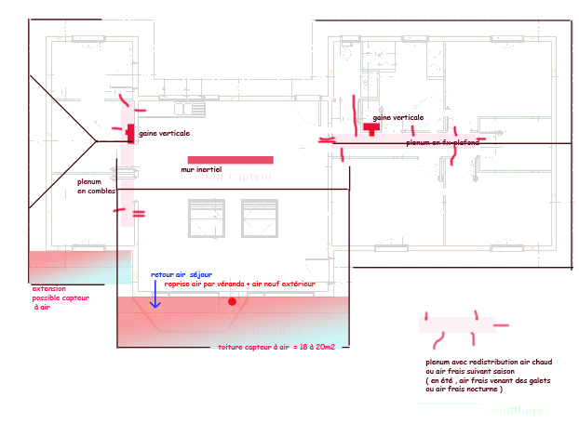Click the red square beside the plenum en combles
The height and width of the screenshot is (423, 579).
(x=130, y=133)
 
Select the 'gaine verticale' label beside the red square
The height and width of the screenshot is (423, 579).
(x=165, y=134)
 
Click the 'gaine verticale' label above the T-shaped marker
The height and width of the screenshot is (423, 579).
(x=397, y=118)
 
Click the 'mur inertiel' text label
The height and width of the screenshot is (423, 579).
(x=201, y=171)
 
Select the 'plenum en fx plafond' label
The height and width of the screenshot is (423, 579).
(x=442, y=143)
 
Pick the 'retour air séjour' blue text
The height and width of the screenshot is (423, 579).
(x=182, y=275)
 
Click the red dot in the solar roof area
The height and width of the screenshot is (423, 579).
(x=232, y=302)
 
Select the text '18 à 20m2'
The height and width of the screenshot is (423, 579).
(x=316, y=347)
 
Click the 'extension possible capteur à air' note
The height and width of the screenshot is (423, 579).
(x=54, y=297)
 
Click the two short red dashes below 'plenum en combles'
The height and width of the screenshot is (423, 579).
(x=138, y=214)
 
